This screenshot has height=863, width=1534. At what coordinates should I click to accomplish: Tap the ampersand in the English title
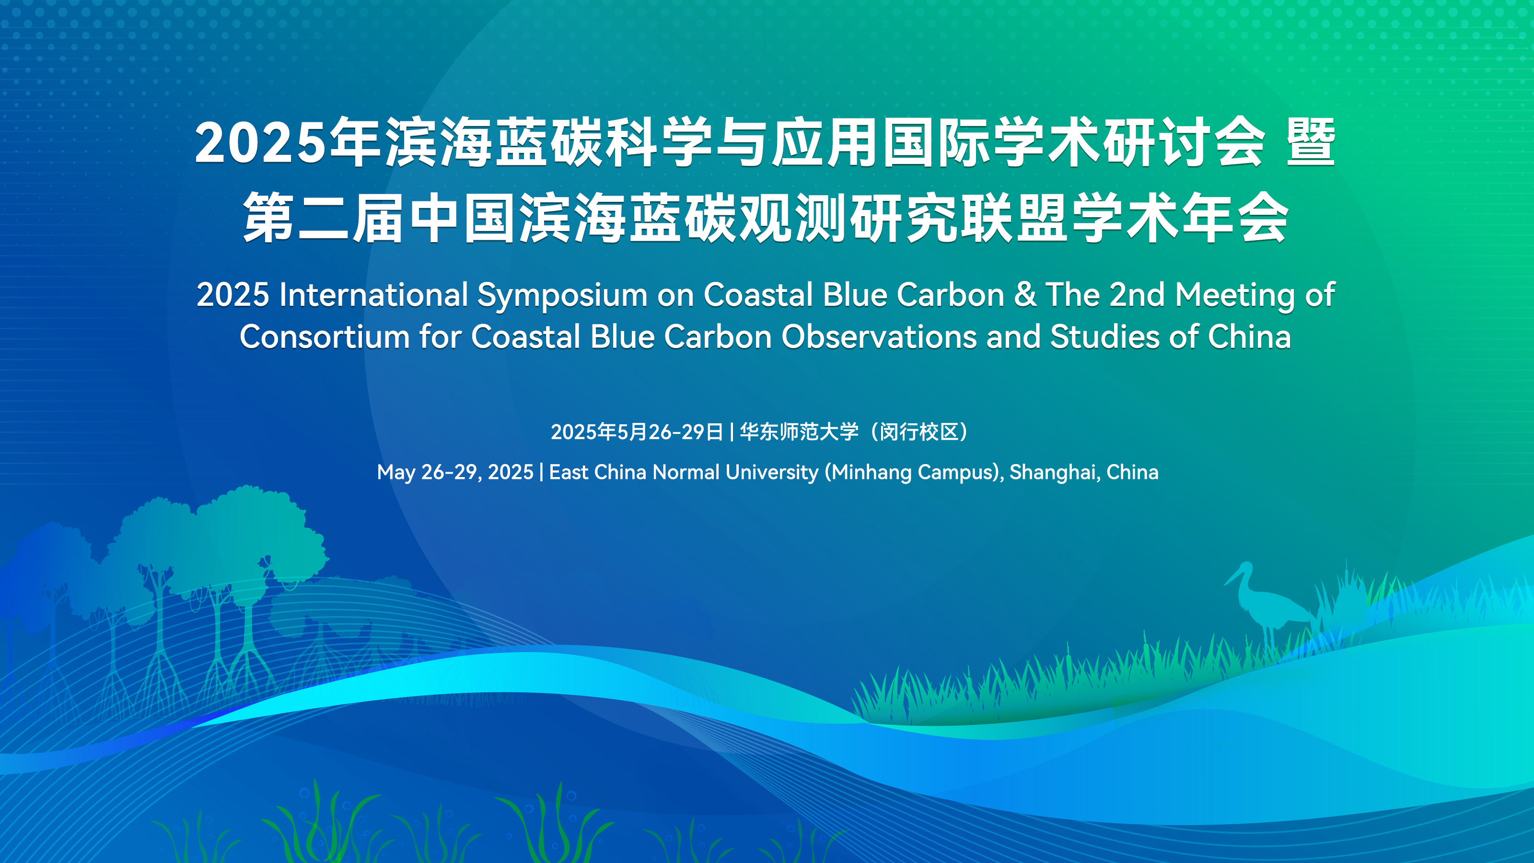coord(1025,294)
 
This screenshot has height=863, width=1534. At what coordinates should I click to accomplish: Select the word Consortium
coord(324,337)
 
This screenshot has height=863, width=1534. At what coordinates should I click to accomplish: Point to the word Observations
coord(880,337)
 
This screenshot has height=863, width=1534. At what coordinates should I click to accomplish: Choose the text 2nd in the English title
coord(1137,294)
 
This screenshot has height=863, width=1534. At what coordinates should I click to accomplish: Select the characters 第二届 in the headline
coord(324,217)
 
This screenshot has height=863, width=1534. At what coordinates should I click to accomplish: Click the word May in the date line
coord(396,473)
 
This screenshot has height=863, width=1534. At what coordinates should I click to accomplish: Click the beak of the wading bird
coord(1231,577)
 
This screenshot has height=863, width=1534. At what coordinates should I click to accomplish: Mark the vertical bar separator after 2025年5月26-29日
coord(731,432)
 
